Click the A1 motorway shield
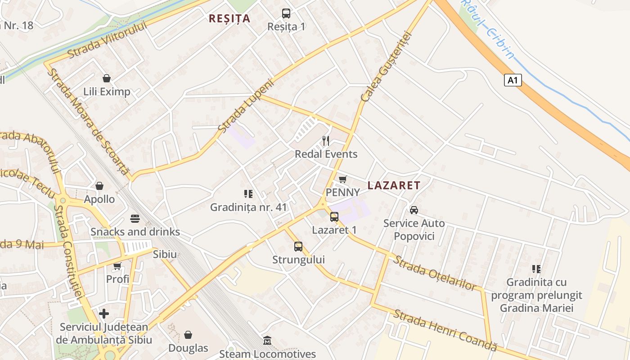click(x=513, y=80)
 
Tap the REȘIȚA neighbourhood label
click(x=229, y=18)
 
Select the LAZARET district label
click(x=394, y=185)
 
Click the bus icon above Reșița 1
click(x=286, y=13)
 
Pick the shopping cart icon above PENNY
click(x=342, y=179)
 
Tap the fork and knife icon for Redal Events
click(x=326, y=141)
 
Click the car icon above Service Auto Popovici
click(x=414, y=210)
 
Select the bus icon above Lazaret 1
click(x=334, y=217)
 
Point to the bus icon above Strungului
click(x=298, y=246)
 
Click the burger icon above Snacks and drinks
click(x=135, y=219)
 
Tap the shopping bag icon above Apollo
click(x=99, y=186)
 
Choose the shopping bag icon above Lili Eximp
click(x=107, y=78)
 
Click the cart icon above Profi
click(x=117, y=266)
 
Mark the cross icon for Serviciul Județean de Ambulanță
click(x=104, y=313)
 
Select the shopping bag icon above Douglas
click(x=188, y=335)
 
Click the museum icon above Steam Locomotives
click(x=267, y=340)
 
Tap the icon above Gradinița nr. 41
click(x=248, y=194)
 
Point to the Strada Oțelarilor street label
click(x=434, y=273)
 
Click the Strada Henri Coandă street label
click(x=445, y=330)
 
